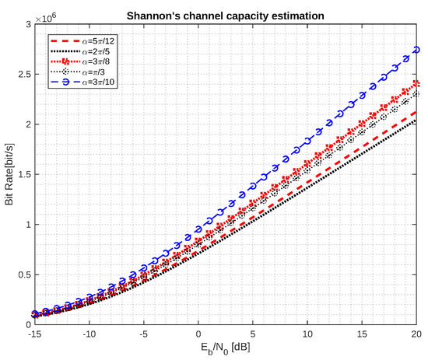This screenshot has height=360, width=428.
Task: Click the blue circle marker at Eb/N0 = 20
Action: point(417,50)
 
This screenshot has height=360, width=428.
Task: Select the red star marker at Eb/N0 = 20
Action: point(417,83)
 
